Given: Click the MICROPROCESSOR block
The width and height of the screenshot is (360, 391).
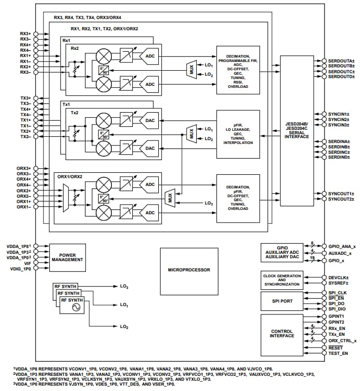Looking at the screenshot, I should [x=189, y=270].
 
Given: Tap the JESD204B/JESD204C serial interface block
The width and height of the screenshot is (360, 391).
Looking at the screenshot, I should [x=297, y=131].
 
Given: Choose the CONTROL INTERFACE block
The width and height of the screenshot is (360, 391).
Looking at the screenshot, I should [x=282, y=334].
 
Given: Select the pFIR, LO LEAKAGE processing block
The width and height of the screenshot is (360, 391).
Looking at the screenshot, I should [x=239, y=134].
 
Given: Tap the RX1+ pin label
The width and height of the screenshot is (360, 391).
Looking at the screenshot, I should [x=25, y=56].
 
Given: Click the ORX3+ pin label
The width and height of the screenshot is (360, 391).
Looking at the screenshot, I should [x=24, y=168].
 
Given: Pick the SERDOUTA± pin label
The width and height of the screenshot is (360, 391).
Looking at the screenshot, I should [x=341, y=61].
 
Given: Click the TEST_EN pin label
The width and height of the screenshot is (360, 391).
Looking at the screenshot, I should [x=338, y=353].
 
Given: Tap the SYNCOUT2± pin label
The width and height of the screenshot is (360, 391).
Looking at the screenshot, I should [x=341, y=199].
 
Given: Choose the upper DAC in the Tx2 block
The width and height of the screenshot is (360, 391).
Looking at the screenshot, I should [x=150, y=121].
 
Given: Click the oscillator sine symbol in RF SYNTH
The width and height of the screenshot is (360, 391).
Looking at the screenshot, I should [x=76, y=307].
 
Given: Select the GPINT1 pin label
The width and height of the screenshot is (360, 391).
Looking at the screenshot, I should [x=337, y=316].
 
